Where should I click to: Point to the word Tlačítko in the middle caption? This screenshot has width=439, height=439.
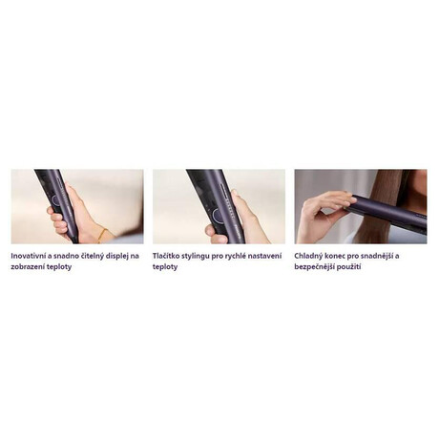point(165,256)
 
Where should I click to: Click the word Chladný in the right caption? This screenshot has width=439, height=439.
point(307,257)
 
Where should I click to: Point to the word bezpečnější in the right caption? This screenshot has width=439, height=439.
point(312,267)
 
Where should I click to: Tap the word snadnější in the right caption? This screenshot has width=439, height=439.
point(377,257)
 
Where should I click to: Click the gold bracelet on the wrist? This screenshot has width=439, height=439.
point(102,236)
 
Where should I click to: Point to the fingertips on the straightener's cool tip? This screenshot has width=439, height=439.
point(349,200)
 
